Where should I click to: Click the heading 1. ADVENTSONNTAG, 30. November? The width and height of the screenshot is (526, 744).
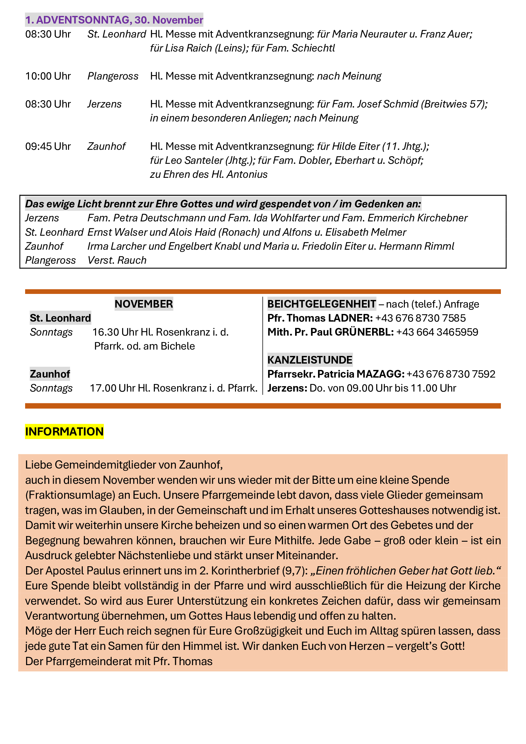pyautogui.click(x=114, y=20)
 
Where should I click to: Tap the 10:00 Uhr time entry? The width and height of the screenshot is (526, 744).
pyautogui.click(x=48, y=76)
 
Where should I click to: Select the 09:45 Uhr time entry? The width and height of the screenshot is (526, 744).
pyautogui.click(x=48, y=146)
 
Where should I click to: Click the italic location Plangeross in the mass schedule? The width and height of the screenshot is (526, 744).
pyautogui.click(x=113, y=76)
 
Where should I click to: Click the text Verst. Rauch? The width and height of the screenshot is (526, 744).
pyautogui.click(x=117, y=261)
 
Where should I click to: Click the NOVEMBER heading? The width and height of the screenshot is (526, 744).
pyautogui.click(x=144, y=304)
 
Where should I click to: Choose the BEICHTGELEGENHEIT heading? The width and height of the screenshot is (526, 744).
pyautogui.click(x=322, y=304)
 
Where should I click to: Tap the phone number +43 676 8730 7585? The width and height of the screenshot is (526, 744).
pyautogui.click(x=420, y=318)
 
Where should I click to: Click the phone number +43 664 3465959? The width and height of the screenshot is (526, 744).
pyautogui.click(x=437, y=332)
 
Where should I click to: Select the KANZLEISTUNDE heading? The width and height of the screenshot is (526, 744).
pyautogui.click(x=310, y=360)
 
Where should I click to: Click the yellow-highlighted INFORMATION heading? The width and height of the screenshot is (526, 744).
pyautogui.click(x=65, y=432)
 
